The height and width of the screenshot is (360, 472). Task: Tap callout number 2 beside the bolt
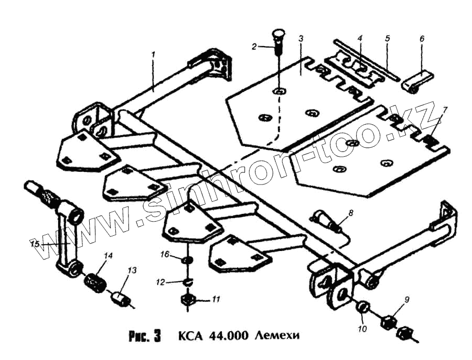coord(254,47)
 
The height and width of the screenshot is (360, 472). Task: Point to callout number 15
coord(35,244)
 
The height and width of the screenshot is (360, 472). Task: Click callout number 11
coord(216,300)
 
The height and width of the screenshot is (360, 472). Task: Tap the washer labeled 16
coord(186,260)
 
